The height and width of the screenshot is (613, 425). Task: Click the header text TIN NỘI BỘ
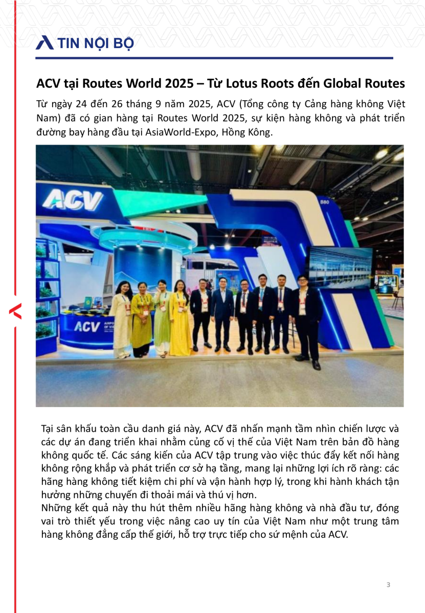click(x=96, y=43)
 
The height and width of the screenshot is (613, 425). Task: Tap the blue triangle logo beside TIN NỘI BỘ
click(x=44, y=43)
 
